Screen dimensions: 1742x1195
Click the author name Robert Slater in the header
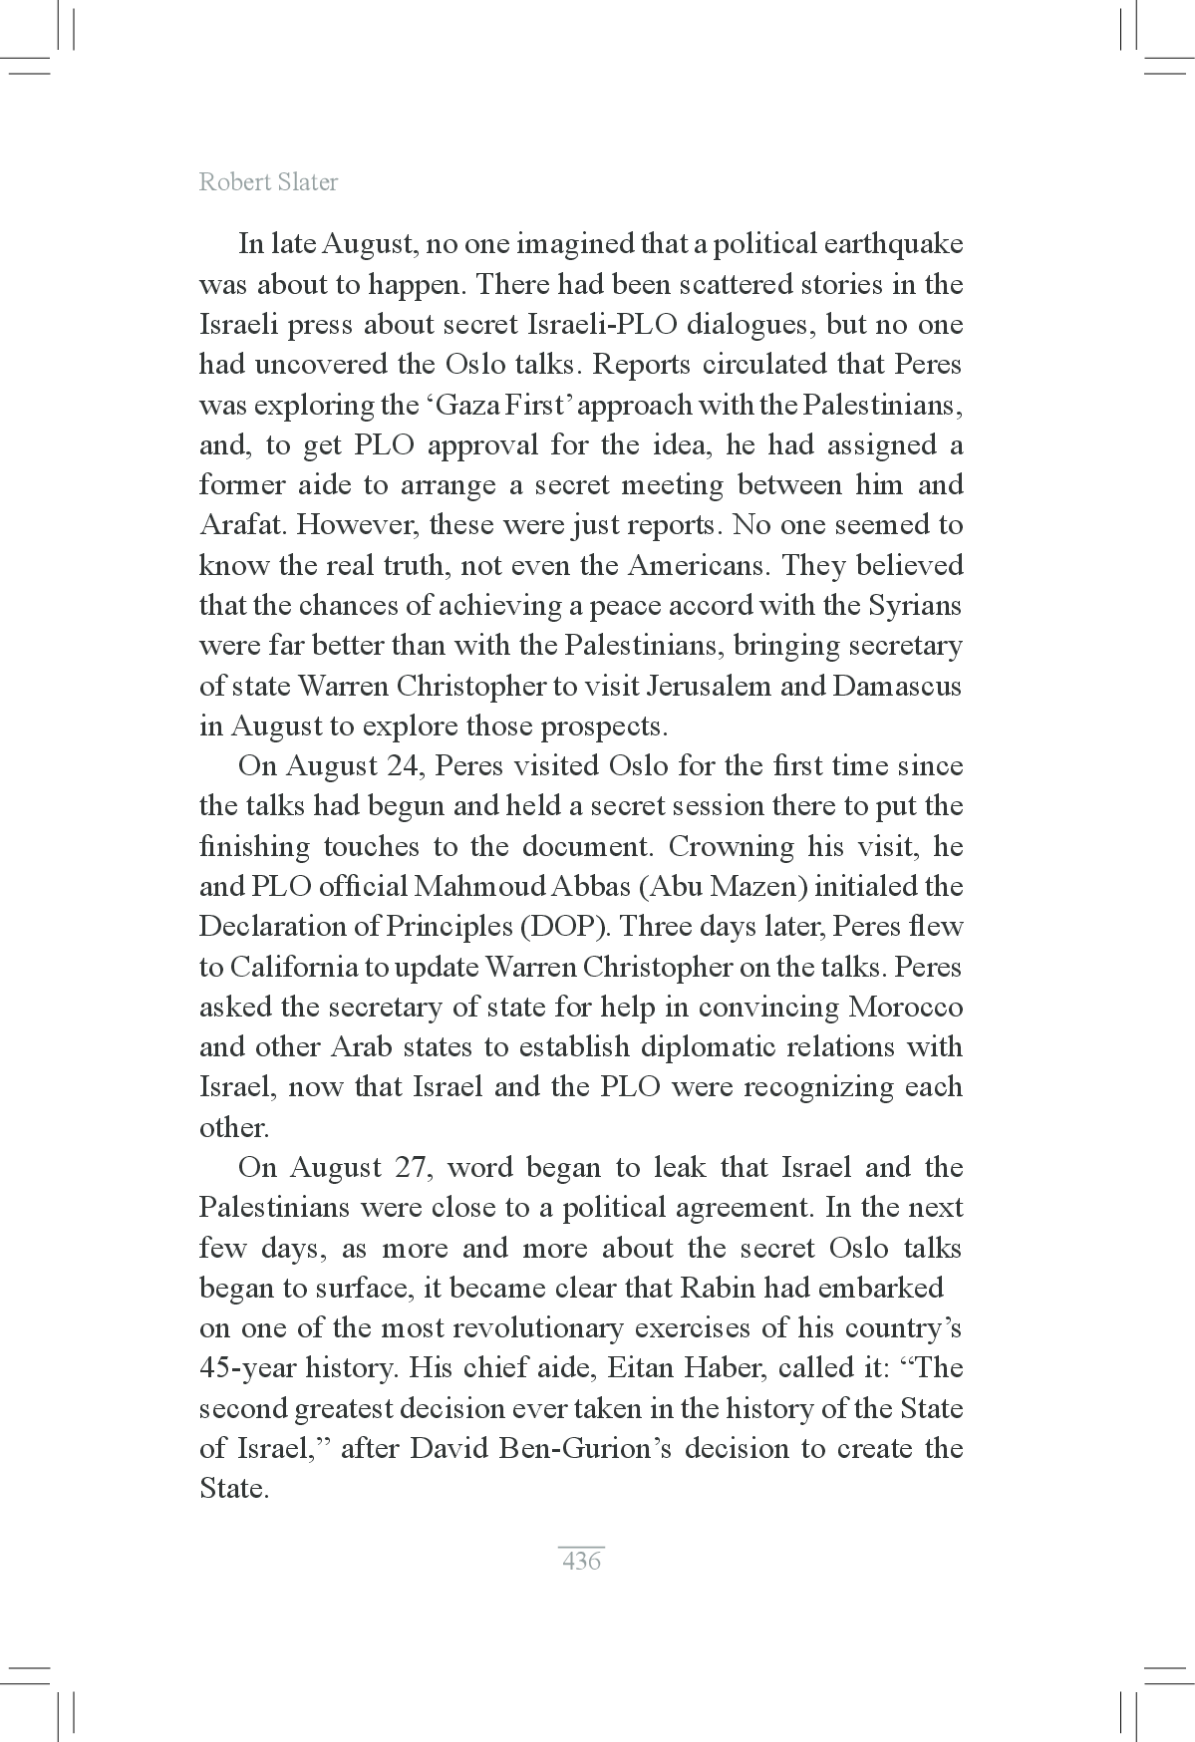coord(268,182)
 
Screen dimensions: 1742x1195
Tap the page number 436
coord(581,1561)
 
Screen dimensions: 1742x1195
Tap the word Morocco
coord(905,1007)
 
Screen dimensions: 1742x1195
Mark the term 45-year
coord(247,1367)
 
